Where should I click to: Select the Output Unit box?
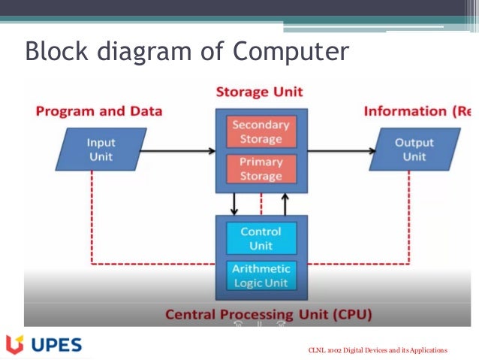[x=414, y=150]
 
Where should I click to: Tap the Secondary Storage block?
[x=257, y=132]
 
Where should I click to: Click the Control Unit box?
[x=261, y=237]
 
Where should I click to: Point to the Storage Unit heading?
[x=259, y=92]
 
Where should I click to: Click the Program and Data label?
[x=99, y=111]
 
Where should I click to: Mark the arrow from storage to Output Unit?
[x=338, y=150]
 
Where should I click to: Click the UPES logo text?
[x=57, y=345]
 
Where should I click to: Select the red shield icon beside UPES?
[x=14, y=345]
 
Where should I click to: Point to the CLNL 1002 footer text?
[x=378, y=350]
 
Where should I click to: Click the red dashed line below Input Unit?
[x=92, y=218]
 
